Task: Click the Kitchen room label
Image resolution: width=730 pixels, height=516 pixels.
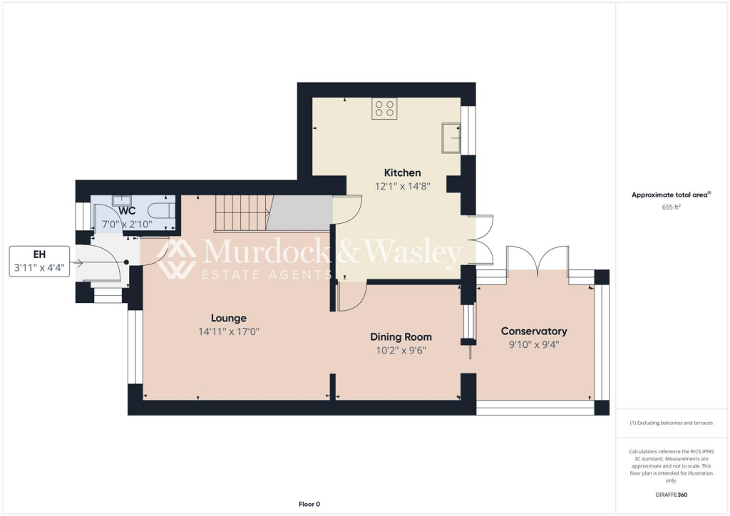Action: click(x=402, y=172)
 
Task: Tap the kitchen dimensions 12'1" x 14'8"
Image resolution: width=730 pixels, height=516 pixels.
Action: click(x=402, y=186)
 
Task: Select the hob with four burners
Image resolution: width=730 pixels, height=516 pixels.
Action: click(x=385, y=108)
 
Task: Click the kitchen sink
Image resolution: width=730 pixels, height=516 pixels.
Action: click(x=451, y=138)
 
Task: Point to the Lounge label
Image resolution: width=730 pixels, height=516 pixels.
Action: click(x=228, y=318)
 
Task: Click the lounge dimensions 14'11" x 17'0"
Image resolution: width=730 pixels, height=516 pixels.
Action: click(x=228, y=331)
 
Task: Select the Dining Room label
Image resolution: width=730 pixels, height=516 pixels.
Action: click(x=401, y=336)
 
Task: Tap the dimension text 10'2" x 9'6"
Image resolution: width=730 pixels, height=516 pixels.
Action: click(x=401, y=350)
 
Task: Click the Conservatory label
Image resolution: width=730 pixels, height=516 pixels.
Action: click(x=534, y=331)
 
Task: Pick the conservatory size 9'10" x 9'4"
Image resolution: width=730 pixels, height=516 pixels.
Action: click(x=534, y=344)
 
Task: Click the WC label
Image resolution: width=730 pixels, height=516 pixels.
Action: click(x=127, y=211)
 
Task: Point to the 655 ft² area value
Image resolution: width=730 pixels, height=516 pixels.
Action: click(x=672, y=207)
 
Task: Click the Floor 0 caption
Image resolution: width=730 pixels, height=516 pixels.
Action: click(x=309, y=504)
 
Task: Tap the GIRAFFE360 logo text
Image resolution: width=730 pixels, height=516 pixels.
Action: click(x=672, y=495)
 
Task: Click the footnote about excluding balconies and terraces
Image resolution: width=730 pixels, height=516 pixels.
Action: click(x=672, y=423)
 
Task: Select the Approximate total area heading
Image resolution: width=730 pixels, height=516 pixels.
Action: click(x=672, y=195)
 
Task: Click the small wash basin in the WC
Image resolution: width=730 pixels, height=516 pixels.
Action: click(x=120, y=201)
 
